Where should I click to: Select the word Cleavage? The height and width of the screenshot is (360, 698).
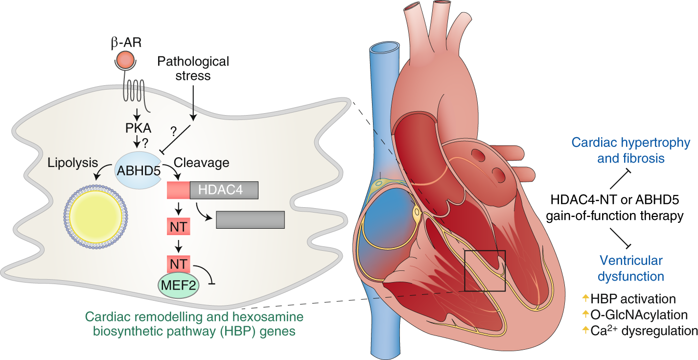point(195,162)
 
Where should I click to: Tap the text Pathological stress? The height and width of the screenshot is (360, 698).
point(193,69)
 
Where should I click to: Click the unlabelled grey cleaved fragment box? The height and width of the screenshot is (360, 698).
point(250,219)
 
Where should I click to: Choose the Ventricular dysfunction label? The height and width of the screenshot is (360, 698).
point(632,268)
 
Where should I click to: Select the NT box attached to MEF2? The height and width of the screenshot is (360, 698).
point(179,264)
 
